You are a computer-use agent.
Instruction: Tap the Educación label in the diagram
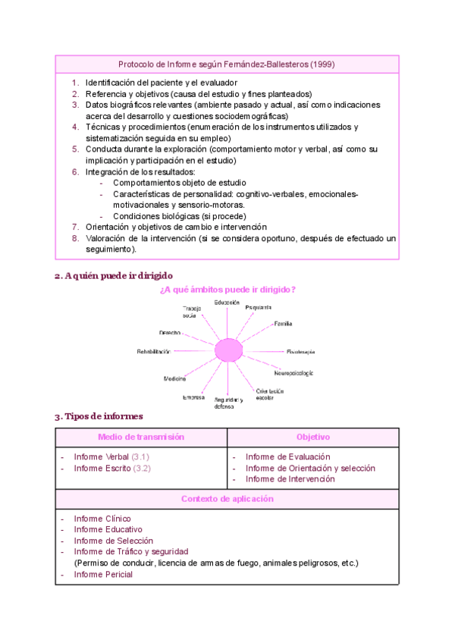[227, 303]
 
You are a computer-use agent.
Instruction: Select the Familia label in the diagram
[283, 324]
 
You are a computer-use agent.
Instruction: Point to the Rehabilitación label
[153, 351]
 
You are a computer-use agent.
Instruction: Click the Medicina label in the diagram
[174, 378]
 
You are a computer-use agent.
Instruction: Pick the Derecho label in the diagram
[169, 333]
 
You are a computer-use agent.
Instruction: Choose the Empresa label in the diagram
[193, 397]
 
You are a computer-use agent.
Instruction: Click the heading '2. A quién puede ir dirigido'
[114, 276]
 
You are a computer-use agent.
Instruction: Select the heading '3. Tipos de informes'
[99, 416]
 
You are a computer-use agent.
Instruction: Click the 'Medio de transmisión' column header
[141, 438]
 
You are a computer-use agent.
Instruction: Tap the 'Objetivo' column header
[312, 438]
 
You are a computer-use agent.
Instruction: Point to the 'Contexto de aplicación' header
[227, 499]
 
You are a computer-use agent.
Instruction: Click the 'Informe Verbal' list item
[101, 457]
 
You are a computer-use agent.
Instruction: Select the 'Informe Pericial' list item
[103, 574]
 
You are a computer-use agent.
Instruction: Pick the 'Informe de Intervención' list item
[290, 478]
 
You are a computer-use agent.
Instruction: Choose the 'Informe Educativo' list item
[108, 529]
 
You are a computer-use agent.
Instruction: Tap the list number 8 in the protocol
[76, 238]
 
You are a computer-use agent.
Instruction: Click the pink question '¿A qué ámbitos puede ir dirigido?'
[227, 290]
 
